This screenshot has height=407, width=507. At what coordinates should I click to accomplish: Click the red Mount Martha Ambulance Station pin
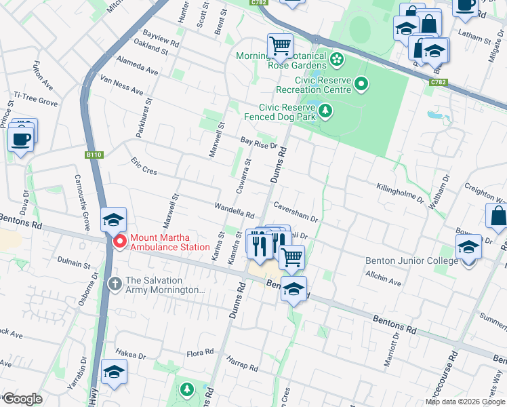pyautogui.click(x=120, y=241)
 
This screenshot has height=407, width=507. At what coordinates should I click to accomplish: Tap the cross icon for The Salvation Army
pyautogui.click(x=115, y=282)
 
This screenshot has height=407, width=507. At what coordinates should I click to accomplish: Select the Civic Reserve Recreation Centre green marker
pyautogui.click(x=361, y=84)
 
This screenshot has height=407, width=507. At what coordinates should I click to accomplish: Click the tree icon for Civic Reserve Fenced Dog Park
pyautogui.click(x=326, y=110)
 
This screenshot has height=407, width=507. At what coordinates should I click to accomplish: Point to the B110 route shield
pyautogui.click(x=94, y=155)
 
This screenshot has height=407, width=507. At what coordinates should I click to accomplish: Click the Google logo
pyautogui.click(x=22, y=399)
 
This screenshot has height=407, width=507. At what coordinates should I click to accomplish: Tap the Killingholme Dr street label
pyautogui.click(x=399, y=193)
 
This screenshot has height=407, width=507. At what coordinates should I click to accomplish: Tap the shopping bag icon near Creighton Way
pyautogui.click(x=498, y=216)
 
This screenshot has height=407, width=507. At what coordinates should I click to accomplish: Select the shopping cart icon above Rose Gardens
pyautogui.click(x=280, y=45)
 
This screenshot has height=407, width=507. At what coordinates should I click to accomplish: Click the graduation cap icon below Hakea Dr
pyautogui.click(x=114, y=372)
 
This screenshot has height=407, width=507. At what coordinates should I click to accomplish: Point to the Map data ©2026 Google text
pyautogui.click(x=464, y=402)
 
